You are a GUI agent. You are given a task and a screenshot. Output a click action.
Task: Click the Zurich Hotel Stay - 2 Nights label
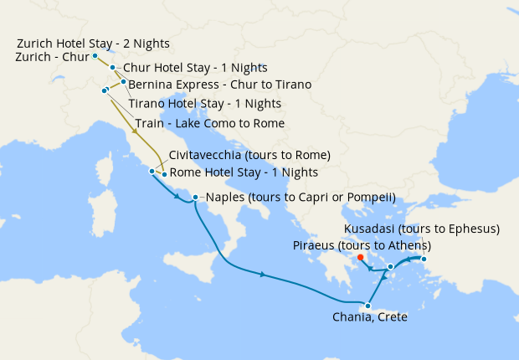click(92, 43)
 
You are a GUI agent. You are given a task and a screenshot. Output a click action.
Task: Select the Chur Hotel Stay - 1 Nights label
click(195, 68)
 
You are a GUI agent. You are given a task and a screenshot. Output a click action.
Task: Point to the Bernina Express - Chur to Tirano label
click(220, 85)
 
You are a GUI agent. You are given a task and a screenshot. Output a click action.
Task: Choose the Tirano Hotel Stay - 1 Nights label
click(204, 104)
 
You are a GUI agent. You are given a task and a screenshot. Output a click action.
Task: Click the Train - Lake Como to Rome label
click(209, 123)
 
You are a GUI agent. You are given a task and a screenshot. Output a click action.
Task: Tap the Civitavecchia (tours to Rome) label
click(249, 156)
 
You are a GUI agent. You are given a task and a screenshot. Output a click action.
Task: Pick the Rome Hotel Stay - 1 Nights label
click(244, 172)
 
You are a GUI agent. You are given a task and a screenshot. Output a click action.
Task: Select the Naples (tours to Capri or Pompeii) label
click(301, 198)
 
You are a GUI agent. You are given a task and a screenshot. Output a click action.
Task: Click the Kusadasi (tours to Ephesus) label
click(422, 229)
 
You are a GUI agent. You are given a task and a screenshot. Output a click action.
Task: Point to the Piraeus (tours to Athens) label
click(362, 245)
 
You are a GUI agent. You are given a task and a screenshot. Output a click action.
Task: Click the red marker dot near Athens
click(360, 257)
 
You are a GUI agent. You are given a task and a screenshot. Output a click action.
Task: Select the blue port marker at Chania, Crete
click(367, 306)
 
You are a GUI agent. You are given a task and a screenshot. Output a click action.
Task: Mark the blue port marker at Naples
click(195, 198)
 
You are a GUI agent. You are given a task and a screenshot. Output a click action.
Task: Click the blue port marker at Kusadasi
click(424, 260)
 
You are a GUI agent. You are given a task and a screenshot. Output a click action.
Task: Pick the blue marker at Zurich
click(95, 56)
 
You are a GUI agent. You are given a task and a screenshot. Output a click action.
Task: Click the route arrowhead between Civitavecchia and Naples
click(177, 198)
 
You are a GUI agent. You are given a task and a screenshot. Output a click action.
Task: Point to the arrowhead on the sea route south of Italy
click(264, 275)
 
